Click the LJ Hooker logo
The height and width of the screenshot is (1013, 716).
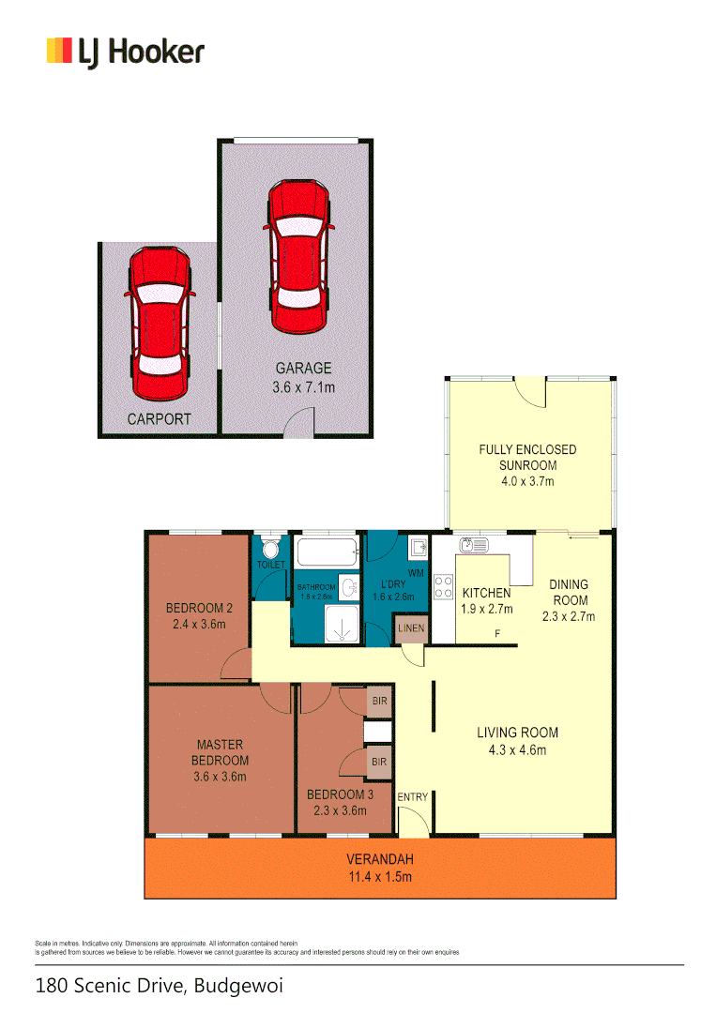[x=125, y=51]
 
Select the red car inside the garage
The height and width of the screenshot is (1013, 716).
[x=299, y=256]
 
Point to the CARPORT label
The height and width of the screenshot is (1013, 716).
[x=160, y=419]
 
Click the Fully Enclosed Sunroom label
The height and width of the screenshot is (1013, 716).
[x=527, y=457]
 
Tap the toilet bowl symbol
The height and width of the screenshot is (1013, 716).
[x=271, y=549]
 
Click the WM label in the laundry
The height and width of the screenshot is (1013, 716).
[x=416, y=573]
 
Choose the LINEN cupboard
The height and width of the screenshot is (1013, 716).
[x=411, y=628]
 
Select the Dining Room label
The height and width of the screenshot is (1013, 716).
[x=569, y=592]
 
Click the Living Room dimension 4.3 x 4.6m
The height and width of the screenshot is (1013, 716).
[x=517, y=749]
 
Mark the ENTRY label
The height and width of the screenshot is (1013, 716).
[x=413, y=797]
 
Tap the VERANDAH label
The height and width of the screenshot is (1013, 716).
[x=379, y=859]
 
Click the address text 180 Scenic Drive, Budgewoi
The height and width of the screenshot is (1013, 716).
[x=160, y=986]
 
